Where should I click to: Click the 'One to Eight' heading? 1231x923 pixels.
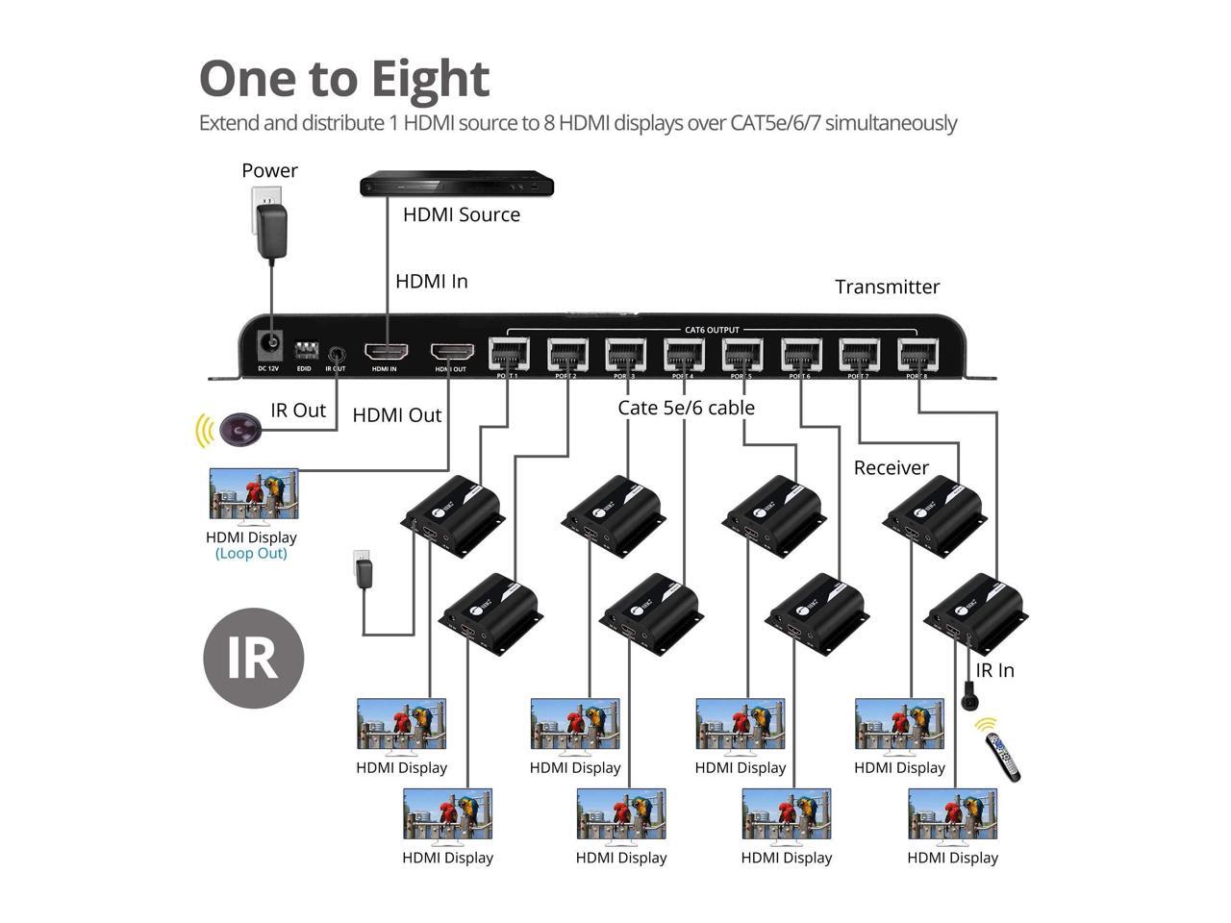tap(344, 79)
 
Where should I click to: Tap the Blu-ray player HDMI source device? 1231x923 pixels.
tap(457, 184)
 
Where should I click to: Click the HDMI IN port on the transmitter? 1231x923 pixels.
tap(385, 352)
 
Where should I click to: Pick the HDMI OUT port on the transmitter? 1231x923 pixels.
tap(451, 352)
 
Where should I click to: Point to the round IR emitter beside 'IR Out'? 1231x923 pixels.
tap(239, 430)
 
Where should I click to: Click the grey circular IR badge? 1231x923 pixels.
tap(254, 659)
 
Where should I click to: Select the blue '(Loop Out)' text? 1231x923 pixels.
tap(251, 554)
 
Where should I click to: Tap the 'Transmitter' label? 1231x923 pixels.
tap(887, 287)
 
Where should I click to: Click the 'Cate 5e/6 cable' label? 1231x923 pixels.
tap(686, 408)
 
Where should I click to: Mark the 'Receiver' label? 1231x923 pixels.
tap(892, 468)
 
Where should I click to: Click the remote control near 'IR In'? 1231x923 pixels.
tap(1003, 757)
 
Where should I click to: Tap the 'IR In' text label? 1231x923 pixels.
tap(994, 671)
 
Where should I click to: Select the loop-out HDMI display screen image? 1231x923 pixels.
tap(253, 494)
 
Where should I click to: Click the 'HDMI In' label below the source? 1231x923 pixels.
tap(432, 282)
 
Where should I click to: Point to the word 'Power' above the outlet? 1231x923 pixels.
tap(269, 171)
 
